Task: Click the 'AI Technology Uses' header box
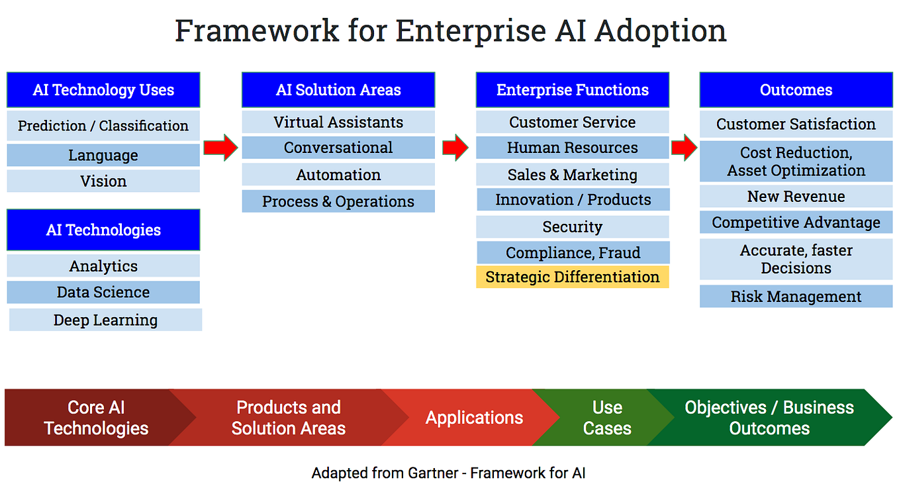point(103,90)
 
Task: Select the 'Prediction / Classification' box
point(103,126)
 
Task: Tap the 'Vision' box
point(103,181)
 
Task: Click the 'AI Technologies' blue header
point(103,230)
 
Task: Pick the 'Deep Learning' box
point(106,320)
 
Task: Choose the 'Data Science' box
point(103,293)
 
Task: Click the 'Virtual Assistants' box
point(338,122)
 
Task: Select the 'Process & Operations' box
point(338,202)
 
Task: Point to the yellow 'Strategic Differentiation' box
point(573,277)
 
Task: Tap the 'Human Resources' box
point(573,148)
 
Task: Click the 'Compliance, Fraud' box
point(573,253)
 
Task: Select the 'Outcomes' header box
point(796,90)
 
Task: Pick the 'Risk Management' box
point(796,297)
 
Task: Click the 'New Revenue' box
point(796,197)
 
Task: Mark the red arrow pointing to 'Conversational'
point(220,148)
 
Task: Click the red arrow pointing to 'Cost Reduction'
point(685,148)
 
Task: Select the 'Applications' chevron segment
point(474,418)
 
